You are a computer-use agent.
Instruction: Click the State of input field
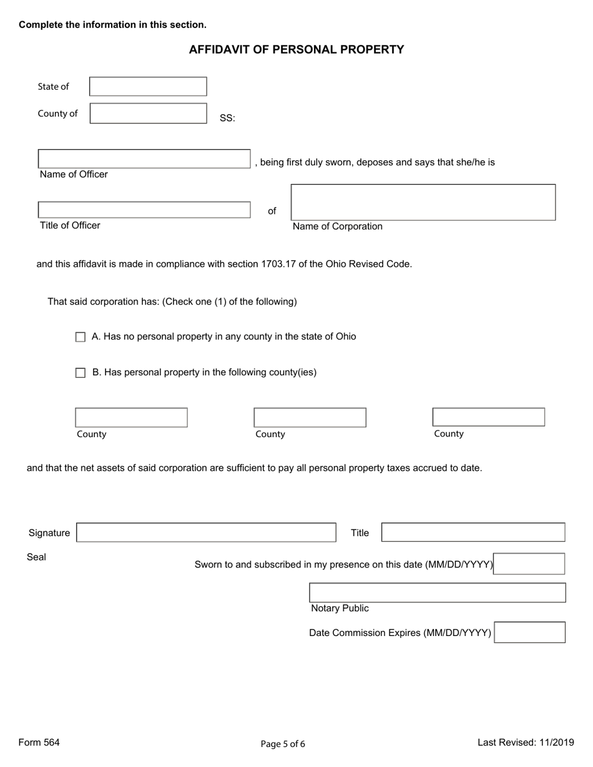click(x=148, y=87)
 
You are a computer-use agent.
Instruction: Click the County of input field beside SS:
click(x=148, y=113)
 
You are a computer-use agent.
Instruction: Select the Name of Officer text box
click(x=144, y=159)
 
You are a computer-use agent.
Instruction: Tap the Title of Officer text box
click(x=144, y=210)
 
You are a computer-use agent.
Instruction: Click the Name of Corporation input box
click(x=423, y=202)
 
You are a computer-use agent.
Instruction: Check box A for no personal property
click(x=81, y=337)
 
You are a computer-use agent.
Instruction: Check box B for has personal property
click(x=81, y=373)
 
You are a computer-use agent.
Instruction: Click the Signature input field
click(x=206, y=533)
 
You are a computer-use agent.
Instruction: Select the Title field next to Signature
click(x=473, y=533)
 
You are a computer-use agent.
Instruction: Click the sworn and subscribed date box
click(x=529, y=564)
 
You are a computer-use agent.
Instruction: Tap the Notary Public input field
click(x=438, y=592)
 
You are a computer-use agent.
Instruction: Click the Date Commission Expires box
click(x=529, y=632)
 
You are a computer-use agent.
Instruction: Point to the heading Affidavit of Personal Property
click(x=296, y=50)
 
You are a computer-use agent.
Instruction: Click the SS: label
click(x=227, y=118)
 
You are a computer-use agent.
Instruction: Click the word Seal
click(x=36, y=557)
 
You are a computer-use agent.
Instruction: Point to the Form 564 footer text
click(x=39, y=742)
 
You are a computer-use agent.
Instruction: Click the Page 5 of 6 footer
click(x=283, y=743)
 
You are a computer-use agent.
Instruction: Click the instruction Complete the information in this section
click(x=112, y=25)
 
